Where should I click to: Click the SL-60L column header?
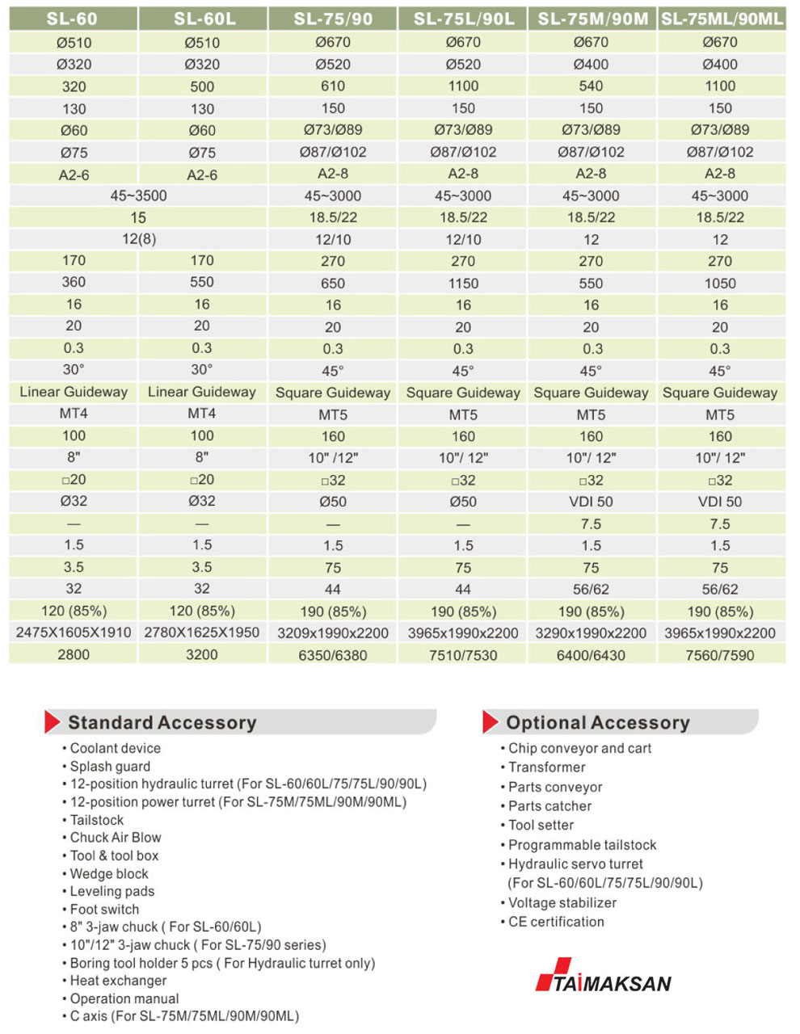coord(202,18)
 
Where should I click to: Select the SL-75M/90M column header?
coord(592,18)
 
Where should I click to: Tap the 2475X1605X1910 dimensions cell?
coord(74,633)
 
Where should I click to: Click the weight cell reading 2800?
coord(74,654)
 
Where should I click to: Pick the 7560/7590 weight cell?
coord(720,655)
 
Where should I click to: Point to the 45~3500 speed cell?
coord(138,195)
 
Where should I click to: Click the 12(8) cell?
coord(138,239)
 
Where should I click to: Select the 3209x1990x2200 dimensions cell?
coord(333,633)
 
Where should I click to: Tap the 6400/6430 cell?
coord(591,655)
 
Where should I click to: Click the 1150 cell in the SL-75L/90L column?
coord(463,284)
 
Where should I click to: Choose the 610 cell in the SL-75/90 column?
coord(333,86)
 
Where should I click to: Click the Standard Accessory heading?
coord(162,722)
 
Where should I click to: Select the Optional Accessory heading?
coord(598,722)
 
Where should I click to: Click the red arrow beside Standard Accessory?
coord(53,721)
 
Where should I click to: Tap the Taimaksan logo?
coord(604,977)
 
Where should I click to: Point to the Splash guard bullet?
coord(110,767)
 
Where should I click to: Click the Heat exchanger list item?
coord(118,981)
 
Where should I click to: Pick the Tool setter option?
coord(541,825)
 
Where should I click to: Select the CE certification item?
coord(556,922)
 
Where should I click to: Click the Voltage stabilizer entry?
coord(562,902)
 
